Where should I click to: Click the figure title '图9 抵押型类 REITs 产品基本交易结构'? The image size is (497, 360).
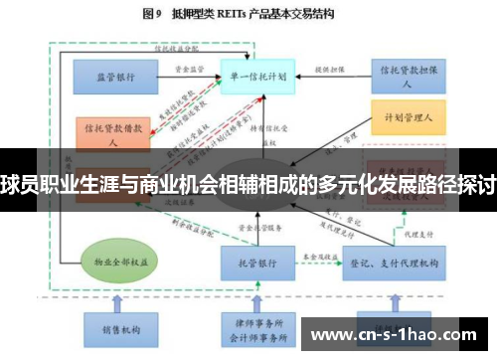coord(248,14)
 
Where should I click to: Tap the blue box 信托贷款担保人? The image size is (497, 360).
coord(408,74)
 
